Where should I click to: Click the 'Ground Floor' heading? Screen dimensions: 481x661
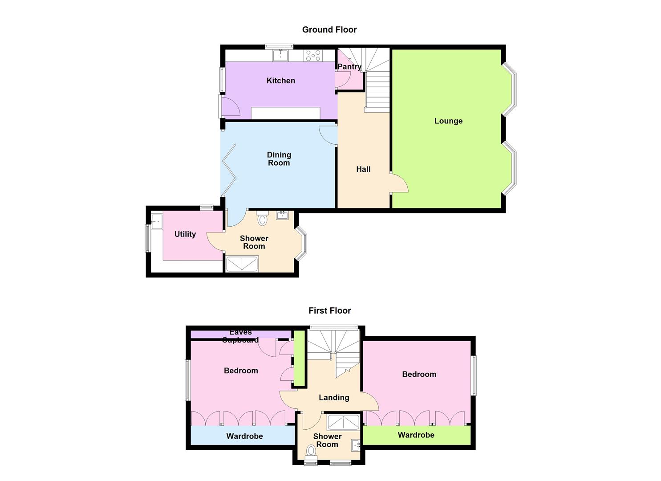pyautogui.click(x=329, y=30)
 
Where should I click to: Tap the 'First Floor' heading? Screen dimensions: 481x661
pyautogui.click(x=329, y=311)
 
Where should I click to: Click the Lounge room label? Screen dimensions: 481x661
pyautogui.click(x=448, y=121)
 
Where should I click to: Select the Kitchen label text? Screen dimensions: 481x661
pyautogui.click(x=280, y=81)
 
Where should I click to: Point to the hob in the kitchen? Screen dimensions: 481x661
pyautogui.click(x=313, y=56)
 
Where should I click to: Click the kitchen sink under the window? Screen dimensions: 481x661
pyautogui.click(x=280, y=56)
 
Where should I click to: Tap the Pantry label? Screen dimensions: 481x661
pyautogui.click(x=349, y=67)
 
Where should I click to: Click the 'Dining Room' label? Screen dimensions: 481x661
pyautogui.click(x=279, y=159)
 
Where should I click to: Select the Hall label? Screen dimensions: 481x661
pyautogui.click(x=363, y=169)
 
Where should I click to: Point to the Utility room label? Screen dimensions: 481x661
pyautogui.click(x=185, y=234)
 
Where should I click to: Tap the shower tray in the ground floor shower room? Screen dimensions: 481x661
pyautogui.click(x=242, y=264)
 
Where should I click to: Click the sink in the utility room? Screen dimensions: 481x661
pyautogui.click(x=156, y=221)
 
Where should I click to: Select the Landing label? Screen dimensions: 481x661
pyautogui.click(x=334, y=398)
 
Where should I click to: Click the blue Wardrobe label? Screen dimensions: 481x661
pyautogui.click(x=244, y=436)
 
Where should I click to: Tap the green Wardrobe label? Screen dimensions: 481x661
pyautogui.click(x=416, y=435)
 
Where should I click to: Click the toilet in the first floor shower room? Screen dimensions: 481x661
pyautogui.click(x=311, y=451)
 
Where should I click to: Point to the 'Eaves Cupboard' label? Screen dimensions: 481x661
pyautogui.click(x=240, y=336)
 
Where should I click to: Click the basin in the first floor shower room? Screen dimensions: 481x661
pyautogui.click(x=356, y=444)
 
